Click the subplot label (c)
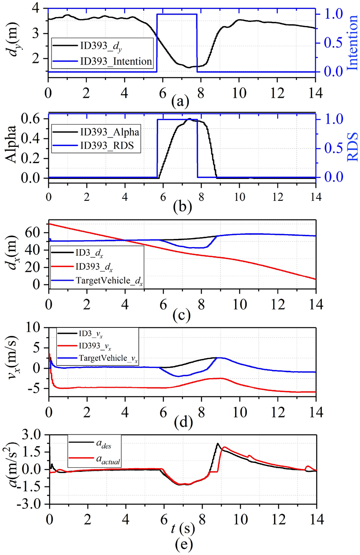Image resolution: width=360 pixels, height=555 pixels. [x=179, y=315]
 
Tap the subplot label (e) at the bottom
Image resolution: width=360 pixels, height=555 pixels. [x=179, y=544]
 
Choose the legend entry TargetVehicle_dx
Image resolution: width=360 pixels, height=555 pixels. [x=108, y=280]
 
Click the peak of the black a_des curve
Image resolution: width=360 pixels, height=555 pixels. [x=218, y=443]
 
